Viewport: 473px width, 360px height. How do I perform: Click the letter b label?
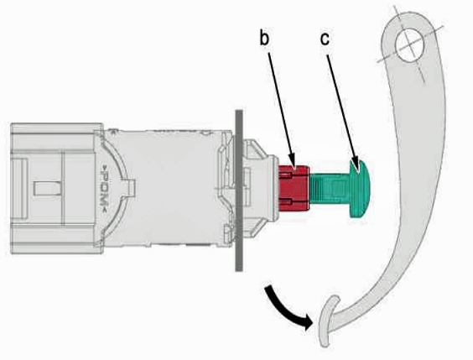264,38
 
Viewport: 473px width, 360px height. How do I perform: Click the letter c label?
325,39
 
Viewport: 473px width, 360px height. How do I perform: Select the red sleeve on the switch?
294,188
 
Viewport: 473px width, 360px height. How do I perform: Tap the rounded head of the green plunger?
360,189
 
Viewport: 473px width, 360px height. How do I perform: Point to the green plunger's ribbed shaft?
330,189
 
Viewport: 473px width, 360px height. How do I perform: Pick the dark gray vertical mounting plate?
239,190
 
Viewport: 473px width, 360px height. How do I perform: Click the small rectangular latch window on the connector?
48,189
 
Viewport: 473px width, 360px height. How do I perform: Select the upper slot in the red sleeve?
286,175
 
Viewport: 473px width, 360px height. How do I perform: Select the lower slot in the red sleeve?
286,201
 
